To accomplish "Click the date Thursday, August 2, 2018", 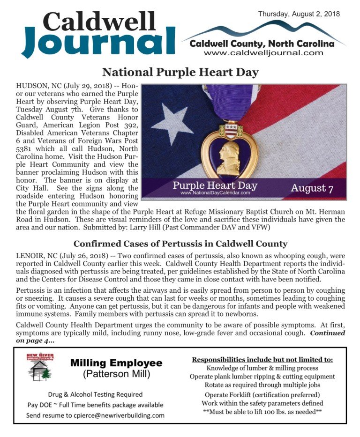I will pyautogui.click(x=299, y=14).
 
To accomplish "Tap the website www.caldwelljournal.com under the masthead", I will pyautogui.click(x=263, y=53).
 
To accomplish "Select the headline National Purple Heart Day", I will pyautogui.click(x=180, y=72).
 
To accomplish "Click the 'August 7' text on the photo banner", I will pyautogui.click(x=312, y=188).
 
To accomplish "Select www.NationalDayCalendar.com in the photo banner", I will pyautogui.click(x=215, y=193).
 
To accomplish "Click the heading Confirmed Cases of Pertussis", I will pyautogui.click(x=180, y=244).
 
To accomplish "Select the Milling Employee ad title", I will pyautogui.click(x=116, y=363).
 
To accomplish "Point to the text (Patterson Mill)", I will pyautogui.click(x=116, y=374).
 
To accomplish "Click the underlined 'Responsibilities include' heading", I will pyautogui.click(x=262, y=360).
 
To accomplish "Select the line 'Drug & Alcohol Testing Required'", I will pyautogui.click(x=95, y=394).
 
